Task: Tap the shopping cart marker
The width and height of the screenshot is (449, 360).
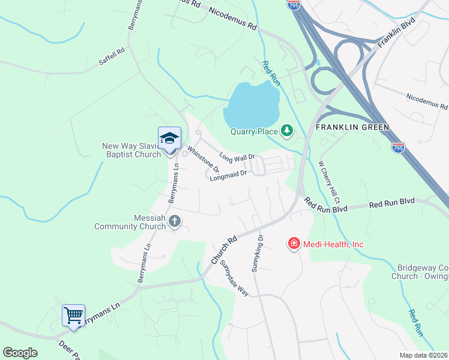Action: [73, 314]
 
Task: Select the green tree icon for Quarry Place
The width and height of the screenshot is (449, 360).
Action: [288, 130]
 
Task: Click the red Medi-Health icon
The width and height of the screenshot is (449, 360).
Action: [294, 243]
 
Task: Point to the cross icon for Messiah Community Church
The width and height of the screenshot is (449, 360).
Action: [175, 221]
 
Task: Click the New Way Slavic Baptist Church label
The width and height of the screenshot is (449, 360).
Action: [131, 149]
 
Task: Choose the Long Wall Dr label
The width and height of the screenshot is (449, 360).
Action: [237, 157]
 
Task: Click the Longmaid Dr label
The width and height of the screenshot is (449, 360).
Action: [229, 175]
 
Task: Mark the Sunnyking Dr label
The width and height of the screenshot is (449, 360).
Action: [258, 252]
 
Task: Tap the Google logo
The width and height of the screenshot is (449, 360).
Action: [20, 353]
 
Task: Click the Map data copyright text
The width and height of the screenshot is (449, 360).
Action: [423, 355]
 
